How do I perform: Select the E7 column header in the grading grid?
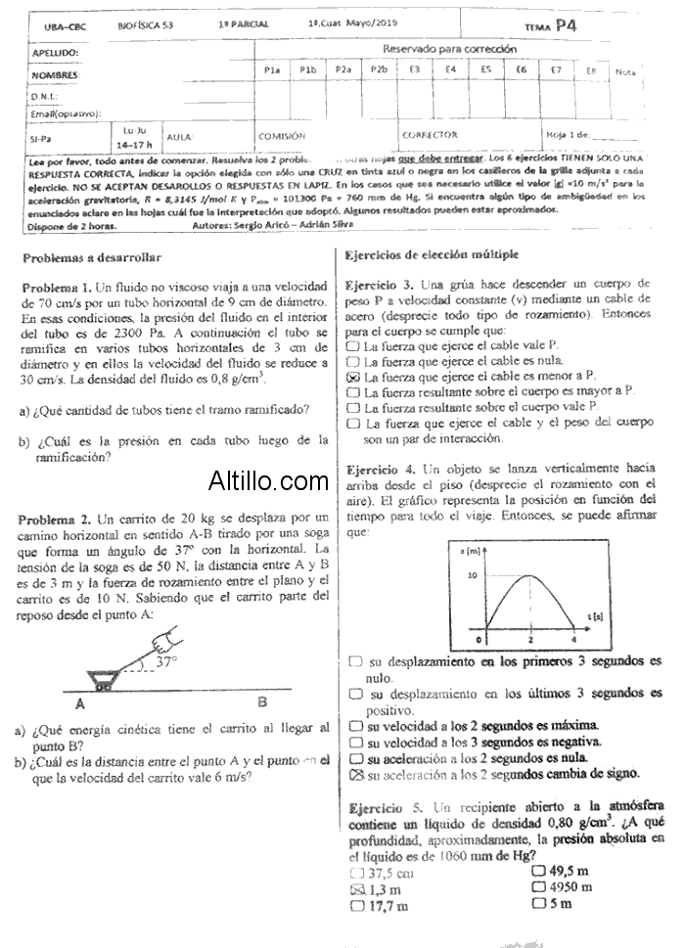pos(555,69)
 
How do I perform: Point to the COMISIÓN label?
pos(282,136)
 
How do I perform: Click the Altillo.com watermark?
pos(268,480)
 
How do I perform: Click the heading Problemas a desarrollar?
pos(91,257)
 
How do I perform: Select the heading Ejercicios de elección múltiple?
pos(432,254)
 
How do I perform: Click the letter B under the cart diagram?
pos(262,700)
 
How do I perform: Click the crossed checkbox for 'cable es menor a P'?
pos(353,376)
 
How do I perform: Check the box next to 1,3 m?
pos(355,889)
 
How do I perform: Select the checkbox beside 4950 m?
pos(537,887)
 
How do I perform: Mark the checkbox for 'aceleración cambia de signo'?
pos(356,774)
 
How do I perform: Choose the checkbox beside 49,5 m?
pos(537,871)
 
